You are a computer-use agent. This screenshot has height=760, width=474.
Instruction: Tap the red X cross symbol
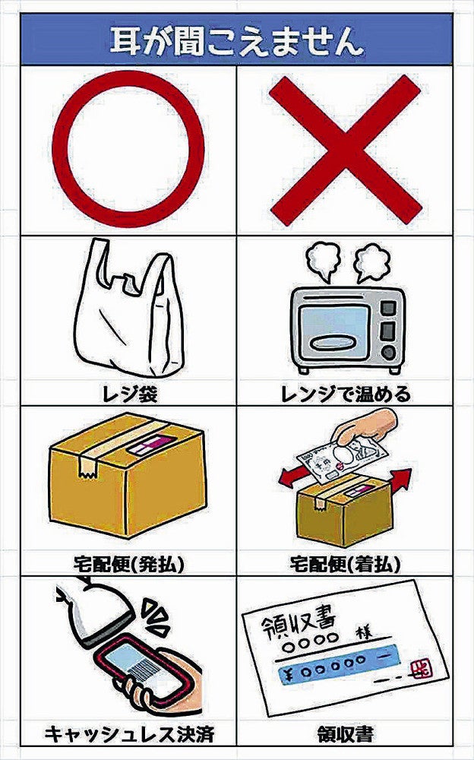coord(345,150)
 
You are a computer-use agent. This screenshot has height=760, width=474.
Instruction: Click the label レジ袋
coord(130,394)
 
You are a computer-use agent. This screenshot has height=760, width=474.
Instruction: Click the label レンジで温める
coord(343,394)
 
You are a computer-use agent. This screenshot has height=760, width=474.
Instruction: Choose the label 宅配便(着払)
coord(345,564)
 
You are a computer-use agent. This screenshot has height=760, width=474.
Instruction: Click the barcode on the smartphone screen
coord(144,668)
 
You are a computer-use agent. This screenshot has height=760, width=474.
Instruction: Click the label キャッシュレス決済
coord(128,734)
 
